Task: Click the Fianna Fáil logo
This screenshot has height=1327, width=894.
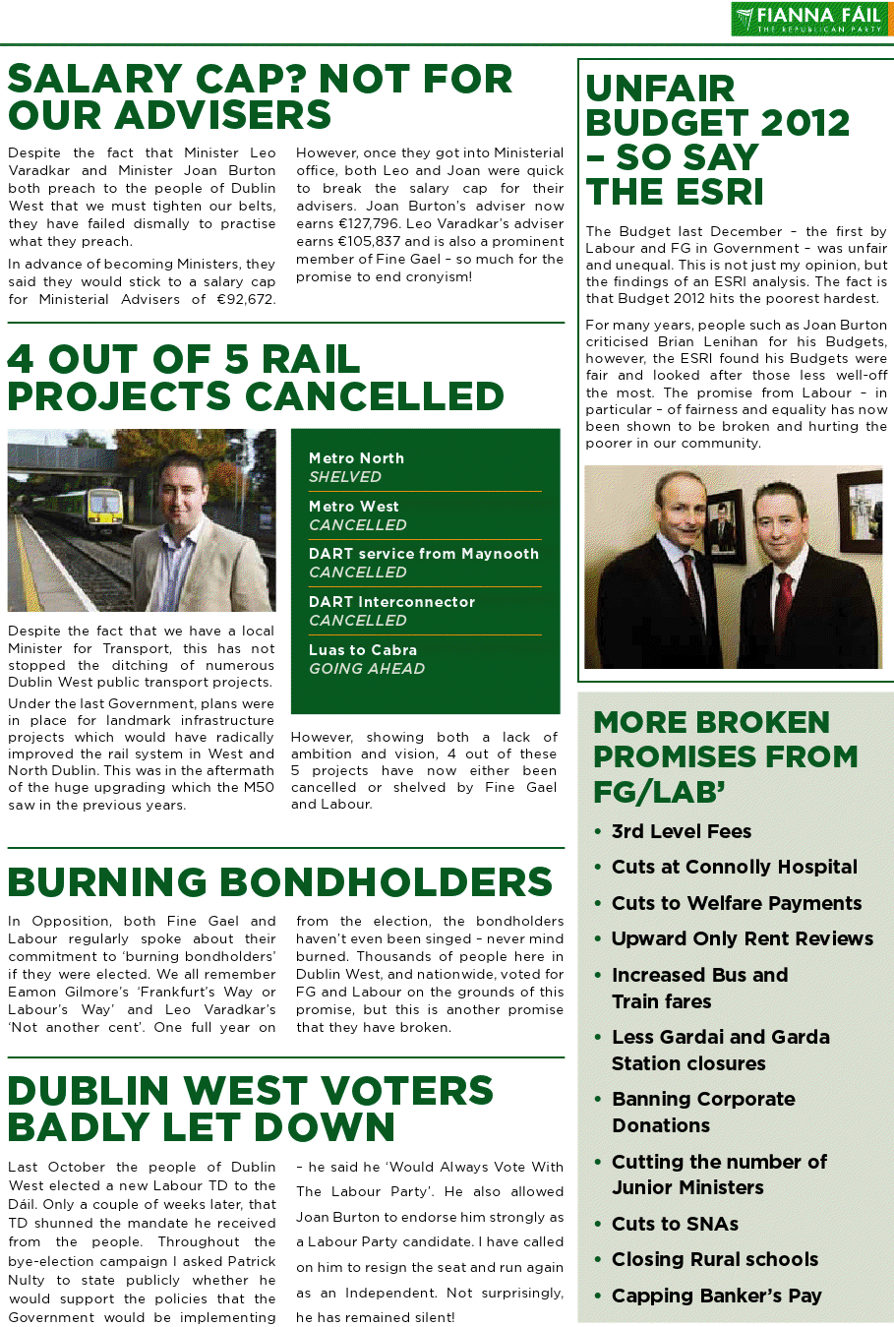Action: tap(810, 19)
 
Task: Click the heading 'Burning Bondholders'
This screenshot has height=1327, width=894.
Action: tap(280, 882)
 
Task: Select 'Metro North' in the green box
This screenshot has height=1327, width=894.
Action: tap(356, 458)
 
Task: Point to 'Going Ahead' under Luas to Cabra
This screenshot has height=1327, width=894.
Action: tap(367, 669)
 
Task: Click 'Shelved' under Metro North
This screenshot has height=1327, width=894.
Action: tap(344, 477)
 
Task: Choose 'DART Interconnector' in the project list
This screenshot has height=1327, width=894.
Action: tap(391, 602)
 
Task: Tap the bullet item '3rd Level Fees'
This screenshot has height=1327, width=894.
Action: tap(681, 831)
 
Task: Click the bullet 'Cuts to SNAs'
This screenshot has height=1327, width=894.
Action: tap(675, 1224)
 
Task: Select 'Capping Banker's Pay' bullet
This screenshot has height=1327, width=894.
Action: tap(716, 1296)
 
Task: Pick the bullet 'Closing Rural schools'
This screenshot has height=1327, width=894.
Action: tap(714, 1259)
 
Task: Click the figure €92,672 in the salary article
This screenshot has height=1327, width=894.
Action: tap(246, 299)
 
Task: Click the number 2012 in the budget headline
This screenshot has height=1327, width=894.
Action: tap(798, 123)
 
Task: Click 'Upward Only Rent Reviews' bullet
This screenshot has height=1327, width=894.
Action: tap(742, 938)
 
